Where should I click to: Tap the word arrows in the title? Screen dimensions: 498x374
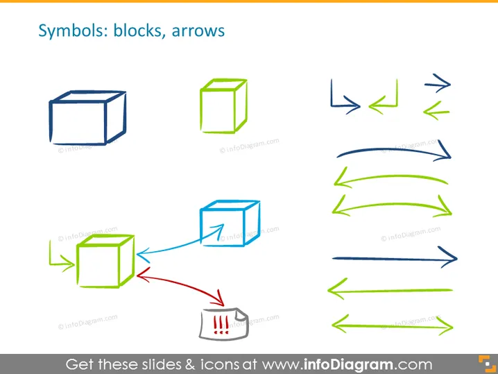click(x=198, y=31)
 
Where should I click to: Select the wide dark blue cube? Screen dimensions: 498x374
click(x=87, y=118)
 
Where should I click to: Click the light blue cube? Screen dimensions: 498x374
click(x=230, y=223)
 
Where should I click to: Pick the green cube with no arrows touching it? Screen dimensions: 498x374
click(x=223, y=105)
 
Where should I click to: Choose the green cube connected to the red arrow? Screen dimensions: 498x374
click(x=105, y=261)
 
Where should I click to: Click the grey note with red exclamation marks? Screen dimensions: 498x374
click(x=224, y=324)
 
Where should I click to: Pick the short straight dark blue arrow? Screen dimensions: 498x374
click(x=438, y=84)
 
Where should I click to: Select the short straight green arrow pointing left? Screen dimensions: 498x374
click(x=436, y=112)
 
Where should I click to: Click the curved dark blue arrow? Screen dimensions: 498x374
click(x=394, y=149)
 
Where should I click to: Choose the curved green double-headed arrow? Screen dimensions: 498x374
click(x=393, y=205)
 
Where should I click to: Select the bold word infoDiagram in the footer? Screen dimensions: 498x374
click(x=348, y=364)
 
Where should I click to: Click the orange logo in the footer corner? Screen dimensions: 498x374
click(x=487, y=364)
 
